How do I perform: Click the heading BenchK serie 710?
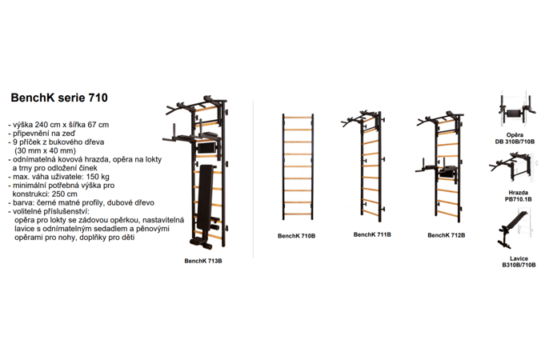59,98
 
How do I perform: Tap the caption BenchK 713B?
203,261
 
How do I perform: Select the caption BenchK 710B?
296,236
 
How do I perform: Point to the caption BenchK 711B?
372,235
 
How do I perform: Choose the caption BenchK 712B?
447,235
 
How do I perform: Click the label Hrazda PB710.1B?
519,196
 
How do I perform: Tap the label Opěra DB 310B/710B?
515,138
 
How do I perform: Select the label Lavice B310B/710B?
519,262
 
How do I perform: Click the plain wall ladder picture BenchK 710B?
298,166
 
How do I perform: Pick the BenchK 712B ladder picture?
441,166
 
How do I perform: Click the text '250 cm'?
66,194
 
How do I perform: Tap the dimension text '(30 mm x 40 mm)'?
45,151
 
